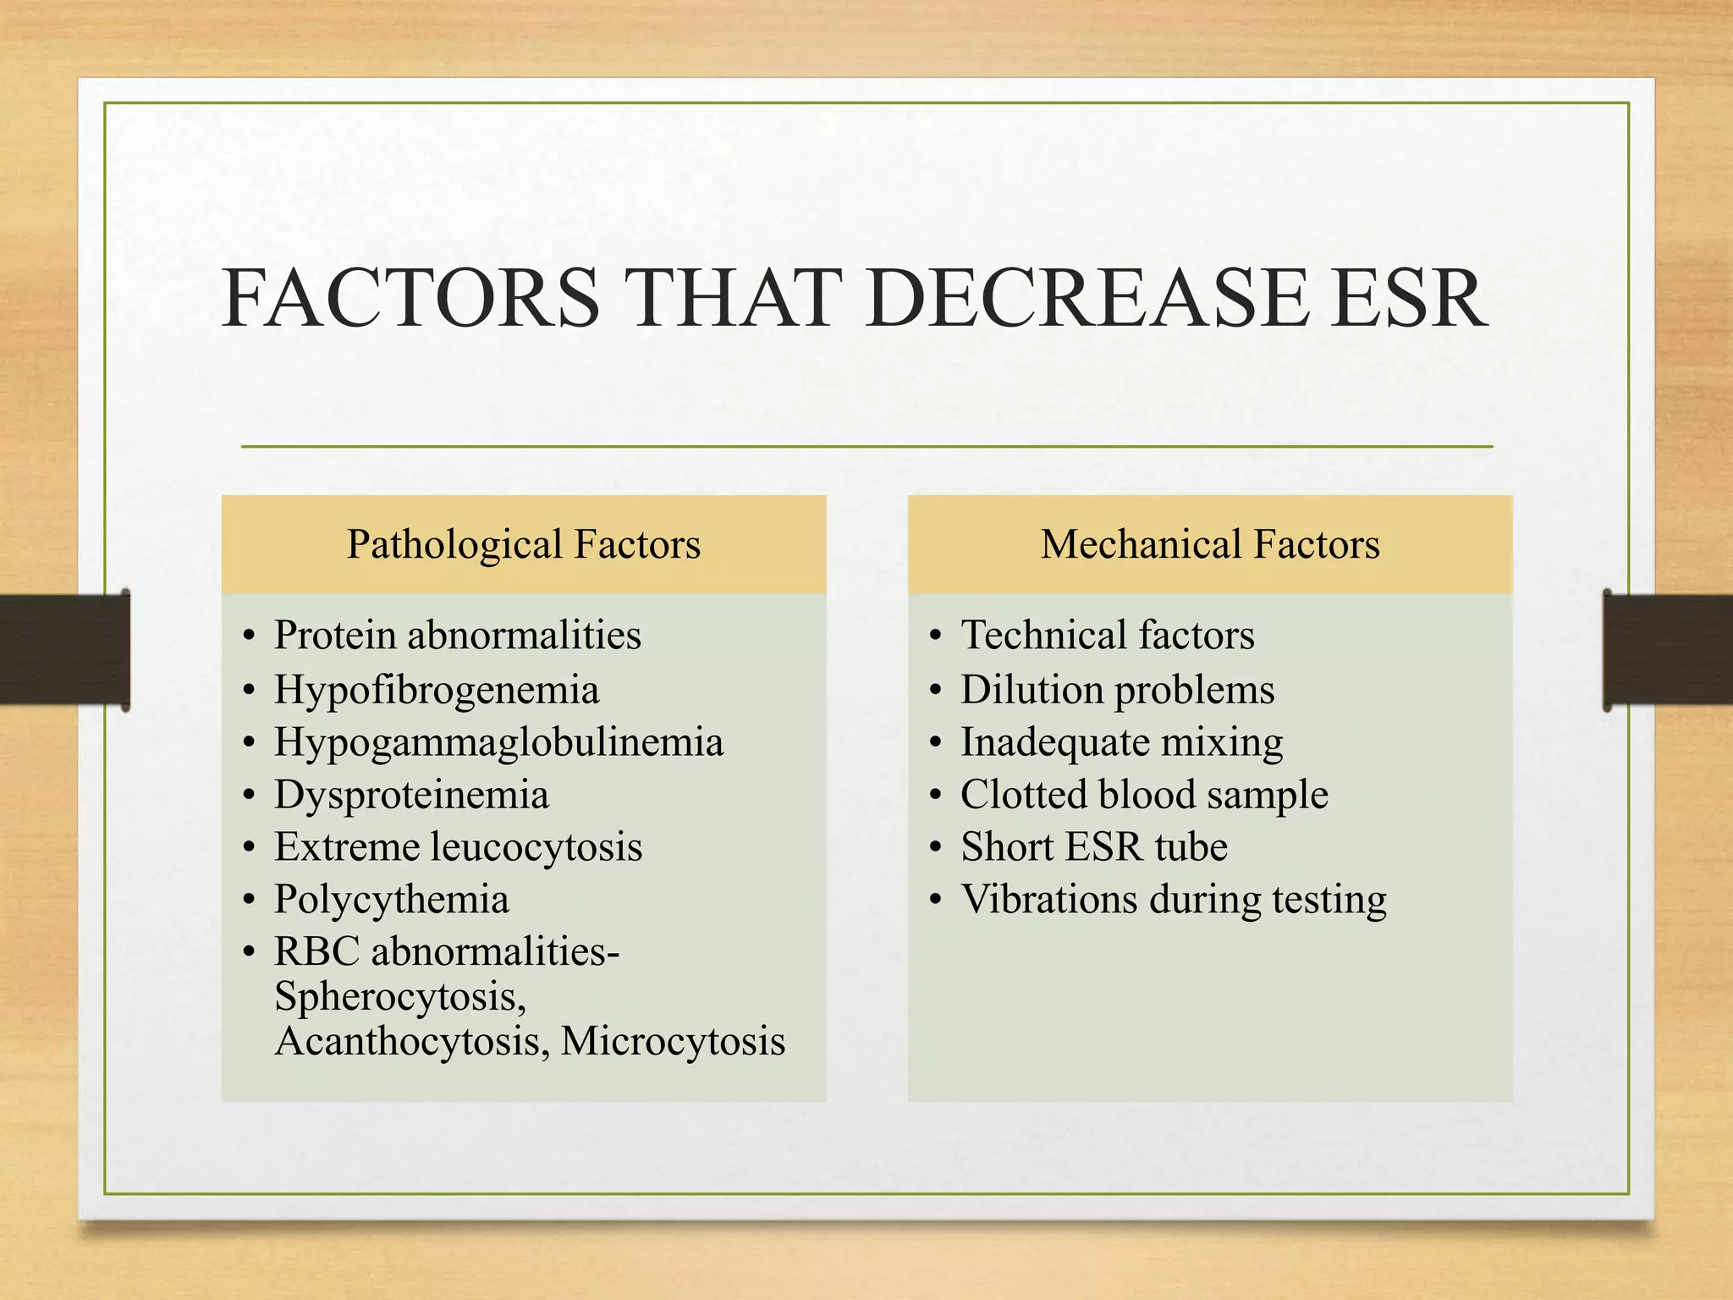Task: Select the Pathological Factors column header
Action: click(x=524, y=544)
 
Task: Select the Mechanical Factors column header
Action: click(x=1210, y=544)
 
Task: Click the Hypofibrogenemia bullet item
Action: click(x=437, y=690)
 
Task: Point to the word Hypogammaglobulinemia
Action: click(x=498, y=742)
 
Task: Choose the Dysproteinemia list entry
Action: click(x=411, y=795)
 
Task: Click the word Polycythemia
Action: click(x=392, y=900)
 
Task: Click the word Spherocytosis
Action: click(x=400, y=996)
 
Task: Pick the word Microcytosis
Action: click(x=673, y=1041)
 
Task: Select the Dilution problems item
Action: click(x=1117, y=690)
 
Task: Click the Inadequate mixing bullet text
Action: click(x=1121, y=742)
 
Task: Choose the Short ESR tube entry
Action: click(x=1093, y=847)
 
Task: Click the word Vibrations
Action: click(x=1048, y=900)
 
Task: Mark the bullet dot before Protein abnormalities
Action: click(x=248, y=636)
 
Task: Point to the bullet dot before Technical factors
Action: click(x=934, y=636)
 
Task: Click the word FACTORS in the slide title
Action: click(x=411, y=298)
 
